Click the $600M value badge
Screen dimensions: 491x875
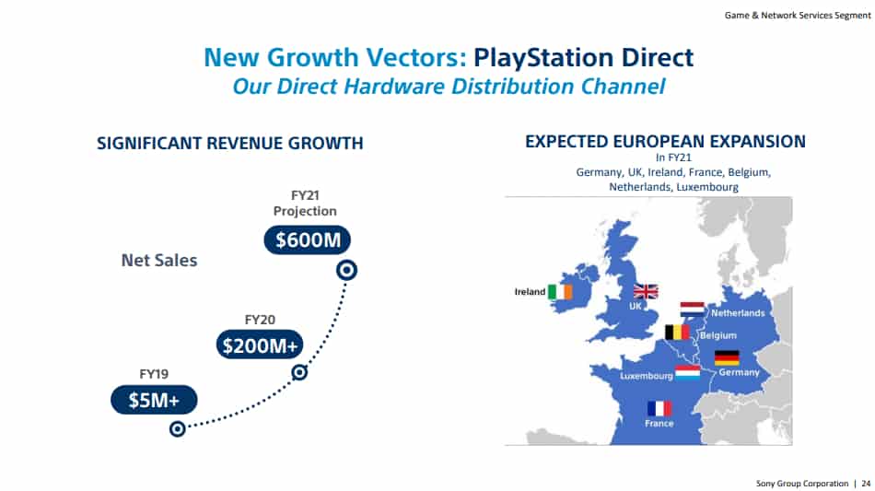[x=308, y=240]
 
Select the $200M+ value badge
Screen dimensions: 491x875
[x=261, y=345]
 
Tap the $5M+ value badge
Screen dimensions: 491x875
[x=154, y=399]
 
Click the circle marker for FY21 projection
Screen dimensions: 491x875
[x=346, y=270]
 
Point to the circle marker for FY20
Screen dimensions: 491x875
[x=298, y=372]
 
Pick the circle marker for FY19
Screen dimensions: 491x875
[x=178, y=428]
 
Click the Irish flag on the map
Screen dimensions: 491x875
[x=559, y=292]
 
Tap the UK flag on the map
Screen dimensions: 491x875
[x=646, y=291]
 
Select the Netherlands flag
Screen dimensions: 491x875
[x=693, y=309]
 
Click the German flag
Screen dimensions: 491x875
[x=727, y=357]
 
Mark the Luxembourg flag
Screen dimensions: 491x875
[x=687, y=373]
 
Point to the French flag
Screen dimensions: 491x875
[x=659, y=408]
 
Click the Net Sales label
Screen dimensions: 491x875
[x=159, y=261]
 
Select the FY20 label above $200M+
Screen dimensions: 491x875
[x=260, y=320]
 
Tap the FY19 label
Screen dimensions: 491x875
[x=153, y=374]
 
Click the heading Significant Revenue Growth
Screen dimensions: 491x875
[x=230, y=144]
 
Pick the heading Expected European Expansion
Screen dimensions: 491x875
[x=665, y=142]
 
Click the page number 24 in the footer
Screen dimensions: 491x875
[x=866, y=483]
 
